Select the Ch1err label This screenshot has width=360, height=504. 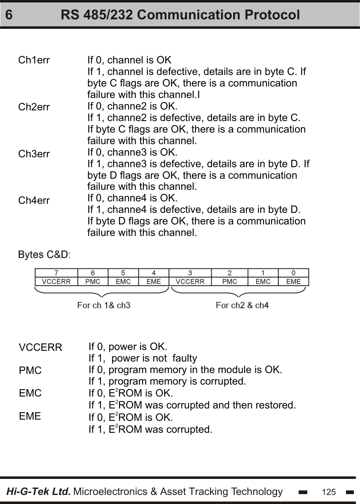34,60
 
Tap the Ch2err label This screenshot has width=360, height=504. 34,107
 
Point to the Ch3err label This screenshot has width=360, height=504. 34,154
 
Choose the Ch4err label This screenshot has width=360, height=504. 34,201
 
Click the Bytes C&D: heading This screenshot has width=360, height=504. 44,254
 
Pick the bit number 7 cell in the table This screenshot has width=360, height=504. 56,273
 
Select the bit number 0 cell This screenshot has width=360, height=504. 293,273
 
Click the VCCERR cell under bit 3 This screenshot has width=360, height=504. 190,282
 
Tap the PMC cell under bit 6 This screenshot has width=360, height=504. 93,282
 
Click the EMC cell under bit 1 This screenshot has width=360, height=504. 263,282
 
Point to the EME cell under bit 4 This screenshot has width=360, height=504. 154,282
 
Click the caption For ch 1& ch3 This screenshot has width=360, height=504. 104,306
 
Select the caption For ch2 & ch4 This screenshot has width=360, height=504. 242,306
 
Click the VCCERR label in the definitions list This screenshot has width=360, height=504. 40,348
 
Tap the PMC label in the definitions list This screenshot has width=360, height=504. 30,370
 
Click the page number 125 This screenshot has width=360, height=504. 329,492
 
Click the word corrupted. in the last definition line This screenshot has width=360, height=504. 192,429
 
